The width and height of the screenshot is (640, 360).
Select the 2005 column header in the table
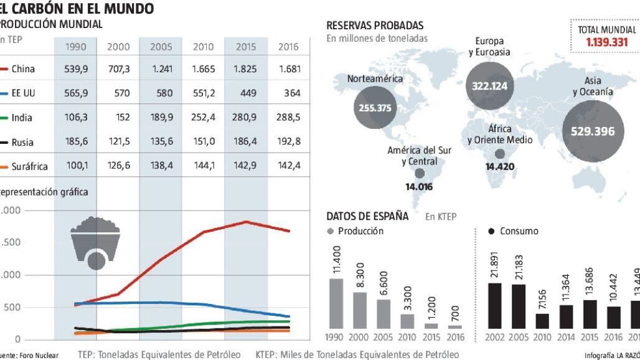(x=161, y=47)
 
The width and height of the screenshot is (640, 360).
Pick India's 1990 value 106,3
(x=76, y=118)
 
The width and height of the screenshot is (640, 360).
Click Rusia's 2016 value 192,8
(x=288, y=142)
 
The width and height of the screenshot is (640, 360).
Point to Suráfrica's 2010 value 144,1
(x=203, y=166)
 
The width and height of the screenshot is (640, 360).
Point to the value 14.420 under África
(x=501, y=166)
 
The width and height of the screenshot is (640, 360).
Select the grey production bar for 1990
(x=336, y=303)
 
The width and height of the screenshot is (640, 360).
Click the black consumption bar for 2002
(x=495, y=306)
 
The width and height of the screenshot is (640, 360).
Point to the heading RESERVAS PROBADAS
(x=375, y=26)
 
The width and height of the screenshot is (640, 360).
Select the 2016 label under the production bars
(x=455, y=337)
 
